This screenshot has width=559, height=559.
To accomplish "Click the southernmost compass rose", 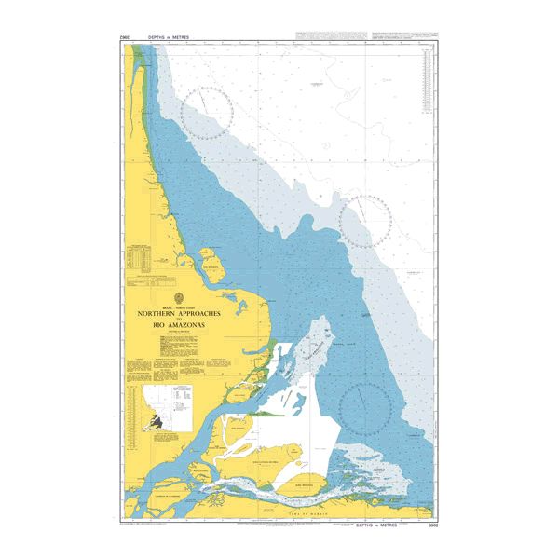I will coord(364,405).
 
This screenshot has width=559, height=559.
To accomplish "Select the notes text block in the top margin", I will coord(363,36).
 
